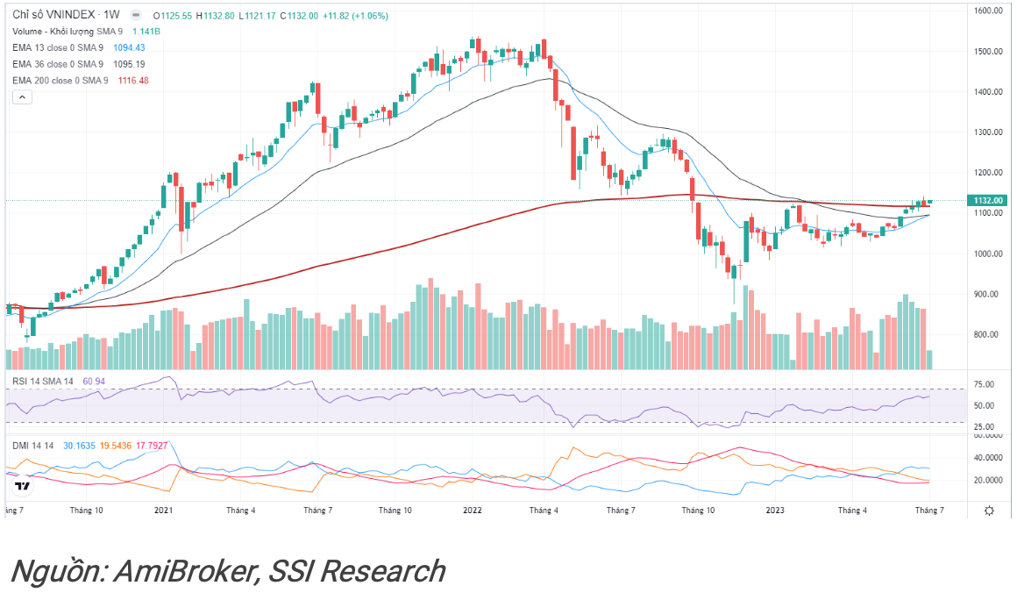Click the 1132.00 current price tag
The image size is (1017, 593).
[x=987, y=200]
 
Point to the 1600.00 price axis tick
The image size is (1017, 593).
[x=986, y=11]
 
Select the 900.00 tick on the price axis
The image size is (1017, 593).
[x=986, y=294]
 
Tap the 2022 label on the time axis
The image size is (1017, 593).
[x=472, y=510]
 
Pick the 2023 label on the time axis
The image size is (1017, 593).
[x=775, y=510]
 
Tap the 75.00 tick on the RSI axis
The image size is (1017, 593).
[x=984, y=384]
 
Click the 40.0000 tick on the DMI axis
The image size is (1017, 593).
[x=986, y=458]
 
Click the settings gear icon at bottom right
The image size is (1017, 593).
[x=990, y=510]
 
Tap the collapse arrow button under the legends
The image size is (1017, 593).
[x=21, y=97]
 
